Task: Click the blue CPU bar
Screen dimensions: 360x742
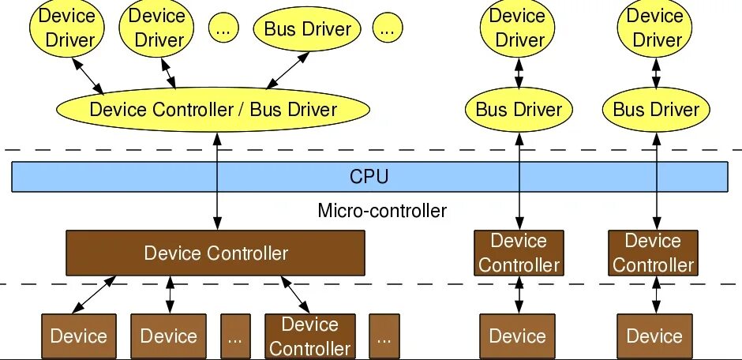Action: [369, 176]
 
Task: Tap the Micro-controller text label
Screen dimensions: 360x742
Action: [382, 211]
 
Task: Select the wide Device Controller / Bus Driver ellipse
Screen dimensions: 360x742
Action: [213, 110]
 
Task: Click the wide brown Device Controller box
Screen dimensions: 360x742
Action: [215, 253]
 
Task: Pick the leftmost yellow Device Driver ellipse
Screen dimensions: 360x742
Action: [66, 28]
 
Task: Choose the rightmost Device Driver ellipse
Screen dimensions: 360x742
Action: [655, 28]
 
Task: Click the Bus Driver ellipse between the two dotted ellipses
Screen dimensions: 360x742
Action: [307, 29]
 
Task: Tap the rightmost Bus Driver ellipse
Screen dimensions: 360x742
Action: [656, 110]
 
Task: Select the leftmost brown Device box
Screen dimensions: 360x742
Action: [78, 336]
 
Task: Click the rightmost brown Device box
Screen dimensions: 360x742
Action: [654, 336]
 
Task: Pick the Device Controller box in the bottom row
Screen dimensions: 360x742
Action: [309, 336]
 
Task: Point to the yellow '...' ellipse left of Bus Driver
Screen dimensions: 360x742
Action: [223, 29]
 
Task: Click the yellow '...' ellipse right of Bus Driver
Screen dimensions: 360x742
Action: [386, 29]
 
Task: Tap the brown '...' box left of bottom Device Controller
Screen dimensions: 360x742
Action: [234, 336]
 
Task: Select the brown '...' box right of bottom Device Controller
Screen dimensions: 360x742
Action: [384, 336]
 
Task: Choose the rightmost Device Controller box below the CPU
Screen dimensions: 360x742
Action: [653, 253]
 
